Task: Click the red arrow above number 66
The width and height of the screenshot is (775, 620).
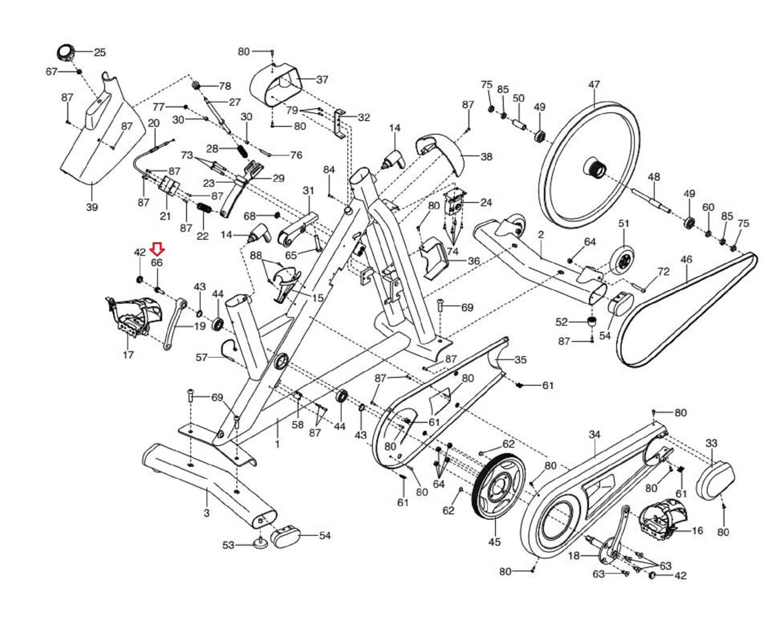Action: [157, 248]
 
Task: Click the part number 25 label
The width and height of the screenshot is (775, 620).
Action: [100, 53]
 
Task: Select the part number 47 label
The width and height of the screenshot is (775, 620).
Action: [594, 84]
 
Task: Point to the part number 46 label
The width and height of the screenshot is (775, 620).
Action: [686, 260]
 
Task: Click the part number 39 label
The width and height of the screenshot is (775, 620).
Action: [92, 207]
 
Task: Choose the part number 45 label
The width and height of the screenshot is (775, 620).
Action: [495, 542]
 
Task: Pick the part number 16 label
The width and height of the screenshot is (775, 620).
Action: [697, 531]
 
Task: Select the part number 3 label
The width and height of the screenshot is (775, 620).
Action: [206, 513]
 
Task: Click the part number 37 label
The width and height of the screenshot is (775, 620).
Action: [322, 79]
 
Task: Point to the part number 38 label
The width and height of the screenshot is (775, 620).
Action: [486, 156]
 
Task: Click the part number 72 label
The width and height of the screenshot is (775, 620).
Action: [664, 271]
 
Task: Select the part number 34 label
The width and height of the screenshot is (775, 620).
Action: [594, 435]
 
